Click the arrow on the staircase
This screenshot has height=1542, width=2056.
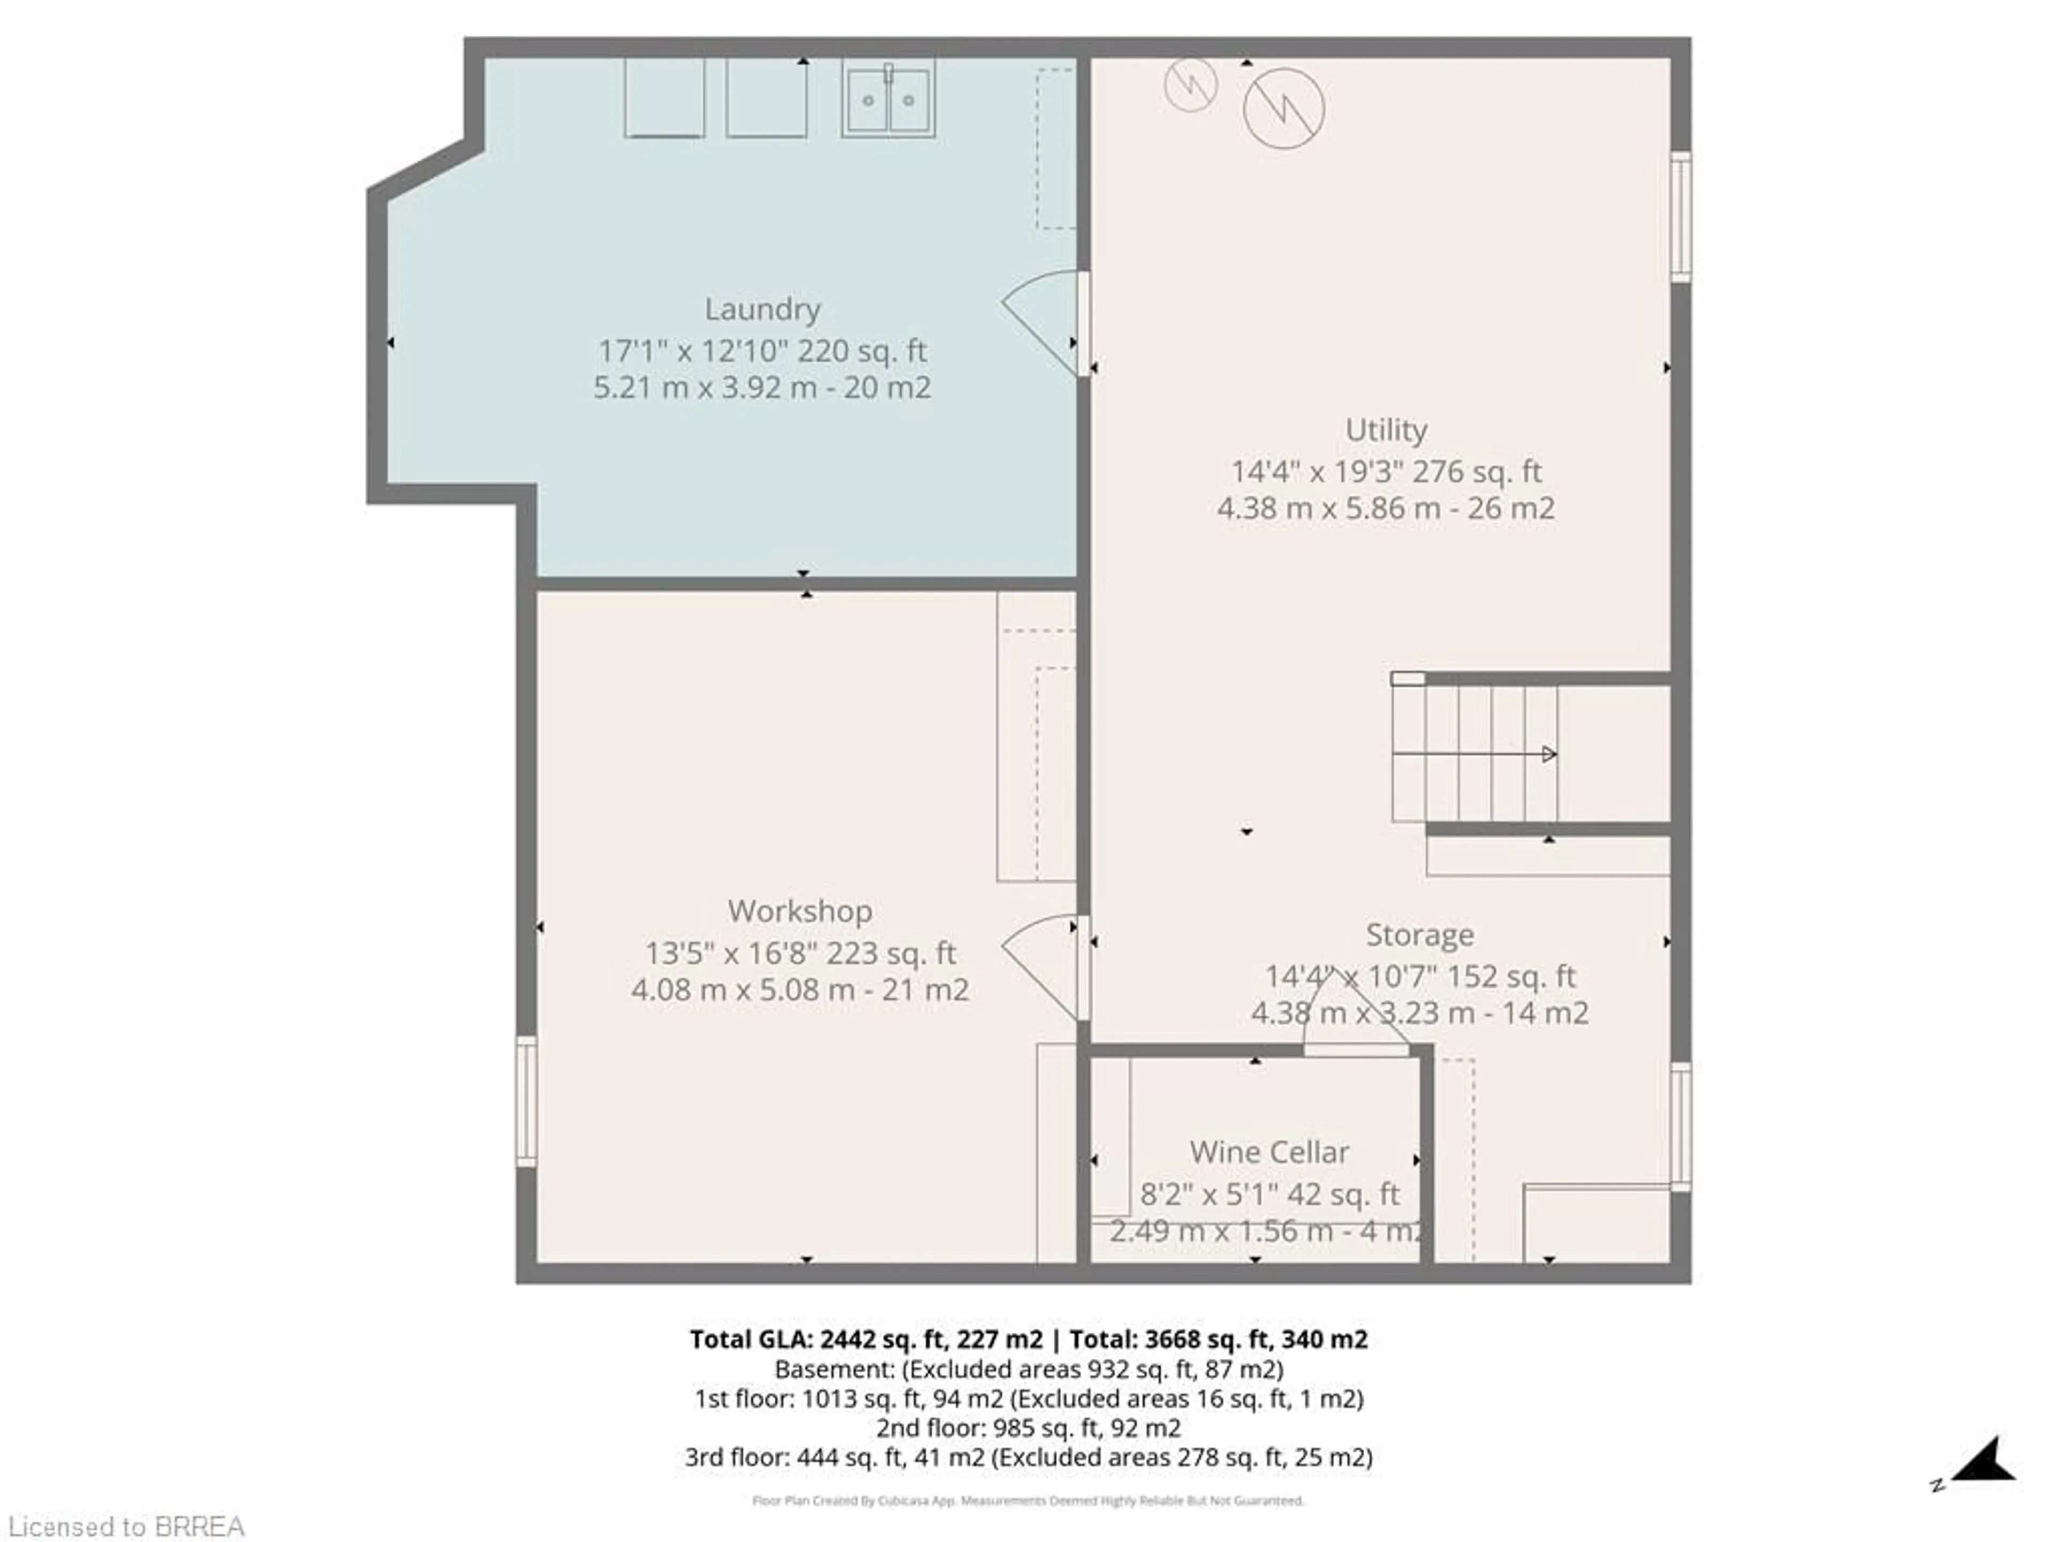1547,754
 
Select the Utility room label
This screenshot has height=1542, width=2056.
1386,430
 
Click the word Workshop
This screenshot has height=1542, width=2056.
799,911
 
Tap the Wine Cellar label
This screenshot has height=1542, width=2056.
1269,1153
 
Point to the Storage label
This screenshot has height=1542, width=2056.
1419,935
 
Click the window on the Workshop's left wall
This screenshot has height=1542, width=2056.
526,1101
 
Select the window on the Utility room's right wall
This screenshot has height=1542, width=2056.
1681,216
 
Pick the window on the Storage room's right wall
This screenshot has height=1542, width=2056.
1681,1127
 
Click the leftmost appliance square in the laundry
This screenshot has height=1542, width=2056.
663,97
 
